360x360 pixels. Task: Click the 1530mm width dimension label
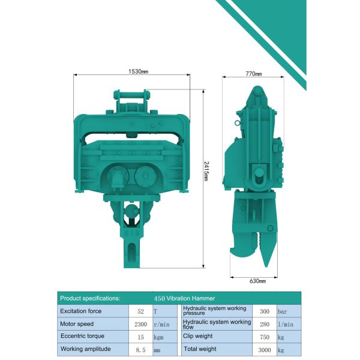pos(138,71)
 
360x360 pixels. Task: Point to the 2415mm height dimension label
pos(206,173)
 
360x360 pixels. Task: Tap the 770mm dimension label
pos(254,74)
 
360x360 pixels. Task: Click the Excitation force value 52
pos(140,311)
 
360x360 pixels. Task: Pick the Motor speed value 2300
pos(140,323)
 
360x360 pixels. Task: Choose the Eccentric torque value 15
pos(140,336)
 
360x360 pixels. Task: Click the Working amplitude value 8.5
pos(140,349)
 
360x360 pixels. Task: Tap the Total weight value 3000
pos(265,349)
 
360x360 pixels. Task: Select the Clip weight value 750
pos(265,336)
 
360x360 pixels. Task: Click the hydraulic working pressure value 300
pos(265,311)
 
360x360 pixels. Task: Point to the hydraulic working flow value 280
pos(265,323)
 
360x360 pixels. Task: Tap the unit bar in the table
pos(283,311)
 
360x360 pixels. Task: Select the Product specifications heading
pos(90,298)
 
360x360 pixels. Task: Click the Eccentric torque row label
pos(82,336)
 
